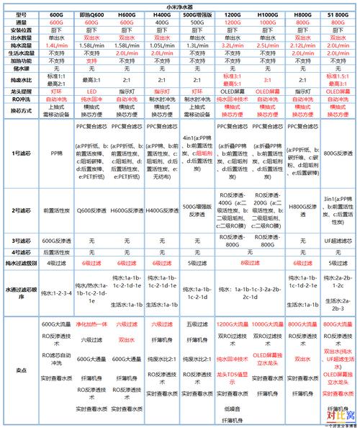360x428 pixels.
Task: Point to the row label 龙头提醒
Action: (21, 92)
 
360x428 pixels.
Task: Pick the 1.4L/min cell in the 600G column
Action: (56, 45)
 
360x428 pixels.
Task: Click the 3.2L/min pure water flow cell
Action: (233, 45)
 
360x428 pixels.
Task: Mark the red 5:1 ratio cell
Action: (267, 81)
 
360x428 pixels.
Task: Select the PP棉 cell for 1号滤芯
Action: (56, 153)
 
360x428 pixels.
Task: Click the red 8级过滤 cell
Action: (250, 265)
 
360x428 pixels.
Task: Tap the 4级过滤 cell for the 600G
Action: (56, 265)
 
